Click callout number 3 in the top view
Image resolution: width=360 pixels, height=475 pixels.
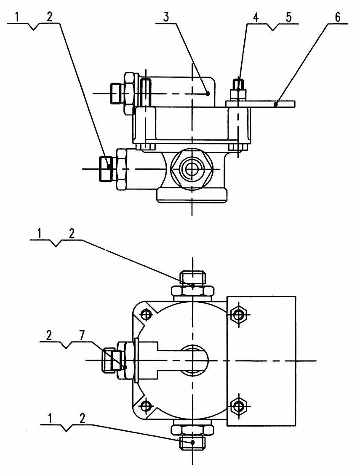pyautogui.click(x=166, y=17)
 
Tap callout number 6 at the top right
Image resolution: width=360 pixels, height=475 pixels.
pyautogui.click(x=338, y=17)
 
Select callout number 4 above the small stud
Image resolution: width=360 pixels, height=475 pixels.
pyautogui.click(x=256, y=17)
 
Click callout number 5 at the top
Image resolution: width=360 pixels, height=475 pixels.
pyautogui.click(x=288, y=17)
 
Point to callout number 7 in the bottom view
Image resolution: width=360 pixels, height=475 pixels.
pyautogui.click(x=83, y=335)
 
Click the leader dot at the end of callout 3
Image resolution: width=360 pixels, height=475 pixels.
pyautogui.click(x=208, y=93)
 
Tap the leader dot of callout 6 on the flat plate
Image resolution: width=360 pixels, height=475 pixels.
pyautogui.click(x=275, y=104)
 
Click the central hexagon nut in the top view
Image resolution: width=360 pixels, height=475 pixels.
pyautogui.click(x=191, y=169)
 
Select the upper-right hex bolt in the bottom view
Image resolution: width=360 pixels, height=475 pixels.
pyautogui.click(x=239, y=315)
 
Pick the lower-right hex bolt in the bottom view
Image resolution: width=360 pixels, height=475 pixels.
pyautogui.click(x=239, y=406)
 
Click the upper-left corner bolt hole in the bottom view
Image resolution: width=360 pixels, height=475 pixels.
pyautogui.click(x=146, y=315)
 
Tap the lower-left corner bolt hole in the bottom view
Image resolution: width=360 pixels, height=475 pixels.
pyautogui.click(x=146, y=406)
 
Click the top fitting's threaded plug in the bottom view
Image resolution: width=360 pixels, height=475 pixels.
pyautogui.click(x=192, y=278)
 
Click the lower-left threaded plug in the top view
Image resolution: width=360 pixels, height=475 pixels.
pyautogui.click(x=106, y=168)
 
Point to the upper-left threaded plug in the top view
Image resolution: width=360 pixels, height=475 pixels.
pyautogui.click(x=117, y=93)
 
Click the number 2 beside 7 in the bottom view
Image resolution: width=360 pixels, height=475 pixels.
pyautogui.click(x=49, y=335)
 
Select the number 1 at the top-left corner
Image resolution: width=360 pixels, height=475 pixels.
pyautogui.click(x=17, y=17)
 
